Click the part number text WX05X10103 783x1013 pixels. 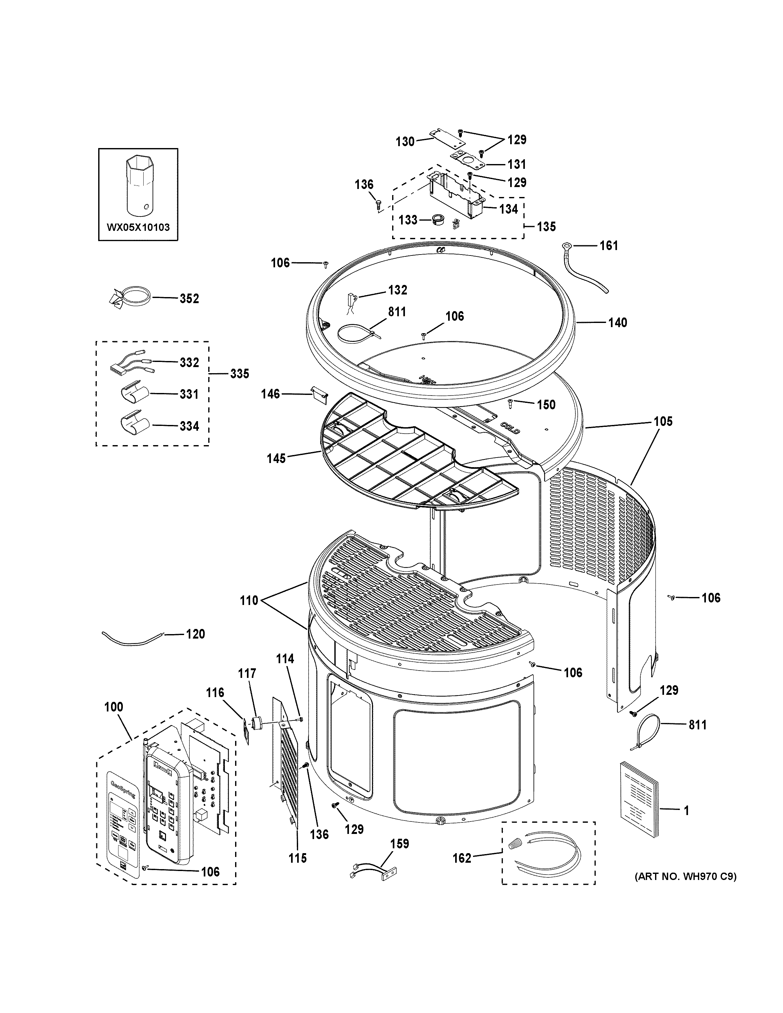click(138, 227)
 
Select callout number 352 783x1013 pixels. click(189, 298)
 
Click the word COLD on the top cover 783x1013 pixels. click(510, 428)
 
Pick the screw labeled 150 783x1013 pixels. click(510, 404)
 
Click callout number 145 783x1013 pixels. click(276, 459)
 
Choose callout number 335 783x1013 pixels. click(239, 373)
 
